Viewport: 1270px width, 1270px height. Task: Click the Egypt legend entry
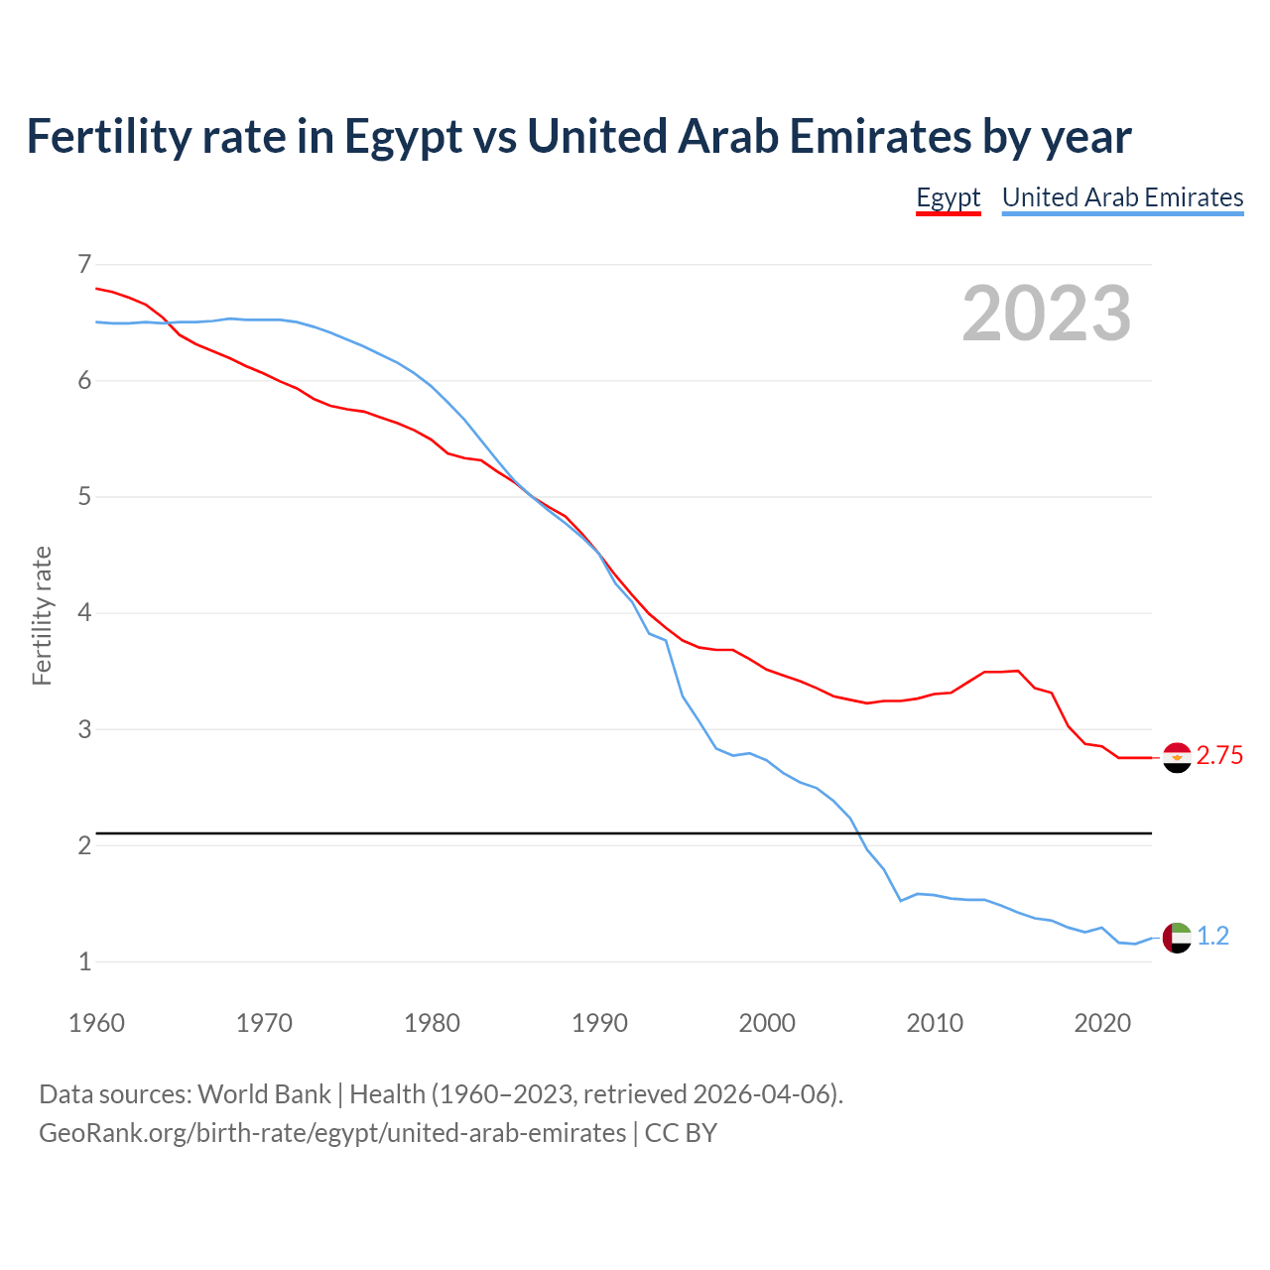pyautogui.click(x=948, y=197)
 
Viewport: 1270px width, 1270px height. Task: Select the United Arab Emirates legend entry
pyautogui.click(x=1122, y=197)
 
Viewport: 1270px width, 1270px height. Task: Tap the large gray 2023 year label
pyautogui.click(x=1046, y=314)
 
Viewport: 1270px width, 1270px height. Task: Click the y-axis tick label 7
pyautogui.click(x=84, y=264)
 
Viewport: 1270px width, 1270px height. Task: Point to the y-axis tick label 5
pyautogui.click(x=84, y=496)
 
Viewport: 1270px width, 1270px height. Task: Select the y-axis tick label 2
pyautogui.click(x=84, y=845)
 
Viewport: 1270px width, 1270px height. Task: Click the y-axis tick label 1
pyautogui.click(x=84, y=961)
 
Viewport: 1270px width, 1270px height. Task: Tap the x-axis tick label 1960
pyautogui.click(x=96, y=1023)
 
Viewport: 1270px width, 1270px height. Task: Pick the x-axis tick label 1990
pyautogui.click(x=599, y=1023)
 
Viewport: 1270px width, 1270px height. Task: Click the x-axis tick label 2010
pyautogui.click(x=935, y=1023)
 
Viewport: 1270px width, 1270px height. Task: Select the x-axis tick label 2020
pyautogui.click(x=1102, y=1023)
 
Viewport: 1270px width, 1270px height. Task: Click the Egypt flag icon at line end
pyautogui.click(x=1177, y=757)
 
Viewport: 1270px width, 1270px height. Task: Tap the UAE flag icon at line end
pyautogui.click(x=1177, y=937)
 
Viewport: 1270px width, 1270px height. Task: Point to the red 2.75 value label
pyautogui.click(x=1219, y=756)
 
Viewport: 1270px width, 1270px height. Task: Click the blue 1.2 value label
pyautogui.click(x=1212, y=937)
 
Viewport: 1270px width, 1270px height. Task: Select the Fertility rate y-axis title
pyautogui.click(x=42, y=615)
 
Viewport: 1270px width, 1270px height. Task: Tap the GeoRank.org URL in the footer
pyautogui.click(x=332, y=1133)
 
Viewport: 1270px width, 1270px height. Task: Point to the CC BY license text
pyautogui.click(x=681, y=1133)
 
